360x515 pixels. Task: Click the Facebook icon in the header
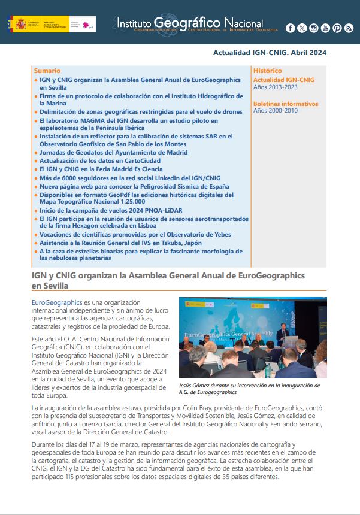(291, 28)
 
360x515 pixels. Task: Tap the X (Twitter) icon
(302, 28)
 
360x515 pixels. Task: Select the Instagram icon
(314, 28)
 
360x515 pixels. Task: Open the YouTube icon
(325, 28)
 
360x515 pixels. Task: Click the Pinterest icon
(337, 28)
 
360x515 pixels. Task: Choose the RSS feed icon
(349, 28)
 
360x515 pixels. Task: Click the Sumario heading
(47, 71)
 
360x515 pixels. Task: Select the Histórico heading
(268, 71)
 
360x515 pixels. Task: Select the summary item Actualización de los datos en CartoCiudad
(102, 161)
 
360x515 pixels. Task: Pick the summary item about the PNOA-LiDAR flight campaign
(111, 210)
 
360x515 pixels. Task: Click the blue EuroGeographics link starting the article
(57, 303)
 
